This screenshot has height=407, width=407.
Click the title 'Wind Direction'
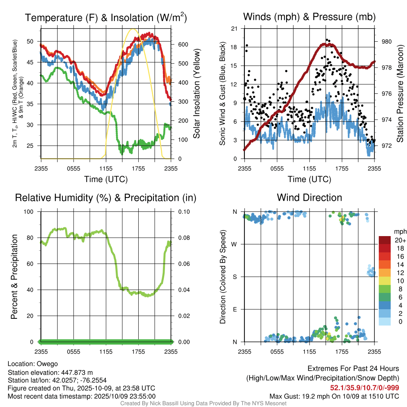(x=309, y=198)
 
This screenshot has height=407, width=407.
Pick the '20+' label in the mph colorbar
(x=399, y=240)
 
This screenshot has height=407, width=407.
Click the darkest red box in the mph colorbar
(x=385, y=240)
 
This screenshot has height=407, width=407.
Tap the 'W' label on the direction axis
(x=235, y=244)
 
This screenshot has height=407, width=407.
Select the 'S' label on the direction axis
(x=235, y=277)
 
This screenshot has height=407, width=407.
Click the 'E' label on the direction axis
(x=235, y=309)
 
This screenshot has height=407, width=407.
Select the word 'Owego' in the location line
(x=47, y=364)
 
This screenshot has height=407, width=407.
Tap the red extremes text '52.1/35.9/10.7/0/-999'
(x=364, y=388)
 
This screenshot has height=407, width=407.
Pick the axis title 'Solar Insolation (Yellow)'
(x=196, y=94)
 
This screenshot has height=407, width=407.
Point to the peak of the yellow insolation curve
(x=134, y=29)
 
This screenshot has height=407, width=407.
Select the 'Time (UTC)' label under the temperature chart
(x=106, y=179)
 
